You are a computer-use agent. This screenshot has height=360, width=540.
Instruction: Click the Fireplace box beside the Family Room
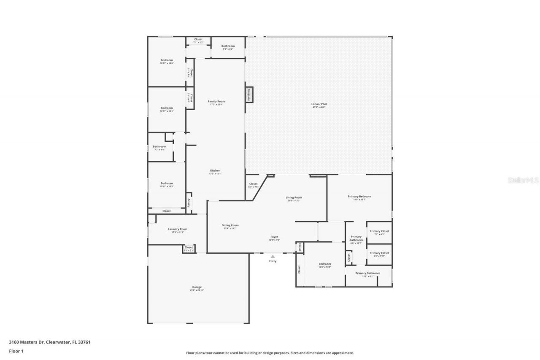249,95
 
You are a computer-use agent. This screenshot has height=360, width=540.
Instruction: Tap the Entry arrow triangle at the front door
273,256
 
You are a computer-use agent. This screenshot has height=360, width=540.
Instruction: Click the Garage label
197,287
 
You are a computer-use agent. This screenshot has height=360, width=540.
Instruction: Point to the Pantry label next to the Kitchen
189,203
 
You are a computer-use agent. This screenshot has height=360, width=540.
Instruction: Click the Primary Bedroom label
359,196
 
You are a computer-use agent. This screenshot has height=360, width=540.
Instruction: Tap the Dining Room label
230,225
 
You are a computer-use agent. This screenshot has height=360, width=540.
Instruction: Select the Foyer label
274,237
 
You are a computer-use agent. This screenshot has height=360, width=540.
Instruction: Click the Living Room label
294,198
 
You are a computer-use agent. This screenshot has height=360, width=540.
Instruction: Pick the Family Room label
216,101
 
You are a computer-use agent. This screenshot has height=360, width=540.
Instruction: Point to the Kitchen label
215,171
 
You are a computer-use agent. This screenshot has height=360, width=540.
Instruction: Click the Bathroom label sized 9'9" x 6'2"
228,46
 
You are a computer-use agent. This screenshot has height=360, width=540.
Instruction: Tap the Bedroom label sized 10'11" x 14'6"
167,60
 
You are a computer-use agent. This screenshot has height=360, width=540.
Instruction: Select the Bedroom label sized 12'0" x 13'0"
325,264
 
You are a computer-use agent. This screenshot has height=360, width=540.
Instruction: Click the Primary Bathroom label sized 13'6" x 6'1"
367,273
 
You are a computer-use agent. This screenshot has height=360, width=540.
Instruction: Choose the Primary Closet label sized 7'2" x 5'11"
379,253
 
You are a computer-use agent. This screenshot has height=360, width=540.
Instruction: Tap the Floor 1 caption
16,351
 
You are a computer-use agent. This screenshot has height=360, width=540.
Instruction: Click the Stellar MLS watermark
523,180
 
